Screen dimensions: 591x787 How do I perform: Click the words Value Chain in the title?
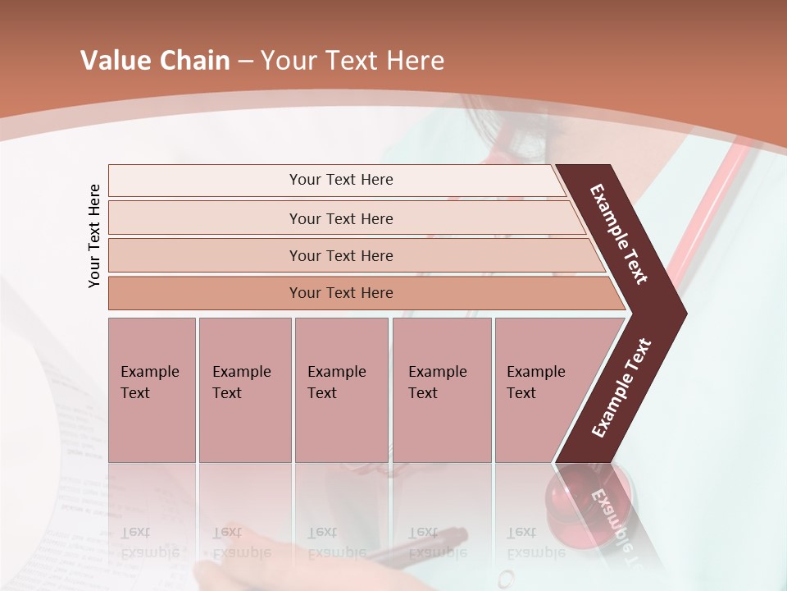155,61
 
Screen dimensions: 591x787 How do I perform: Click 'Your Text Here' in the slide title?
353,61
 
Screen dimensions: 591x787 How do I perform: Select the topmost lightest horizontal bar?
341,180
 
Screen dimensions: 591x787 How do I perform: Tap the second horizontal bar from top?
341,218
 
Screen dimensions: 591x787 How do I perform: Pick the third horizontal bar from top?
341,255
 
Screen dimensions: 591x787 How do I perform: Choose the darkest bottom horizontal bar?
341,293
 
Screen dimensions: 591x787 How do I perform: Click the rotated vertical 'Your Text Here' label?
94,236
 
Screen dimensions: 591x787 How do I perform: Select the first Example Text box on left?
152,390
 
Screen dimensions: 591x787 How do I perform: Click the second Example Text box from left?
244,390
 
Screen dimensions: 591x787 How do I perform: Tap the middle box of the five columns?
341,390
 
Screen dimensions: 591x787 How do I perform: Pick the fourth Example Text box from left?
442,390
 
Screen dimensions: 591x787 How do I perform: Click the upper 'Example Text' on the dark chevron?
619,234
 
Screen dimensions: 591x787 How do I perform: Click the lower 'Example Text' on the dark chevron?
621,388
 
